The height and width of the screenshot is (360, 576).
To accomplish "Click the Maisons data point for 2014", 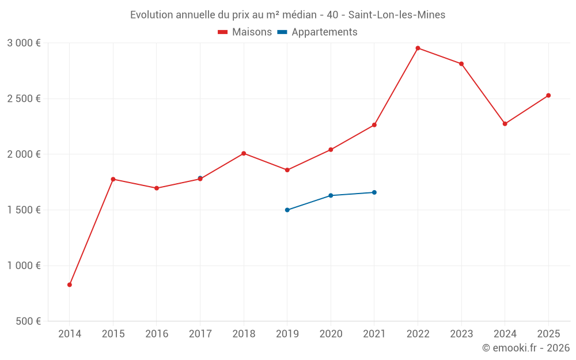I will tap(70, 285).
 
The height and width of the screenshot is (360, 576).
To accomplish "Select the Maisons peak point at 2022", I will tap(418, 48).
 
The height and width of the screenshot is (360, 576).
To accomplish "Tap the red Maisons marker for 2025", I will tap(548, 96).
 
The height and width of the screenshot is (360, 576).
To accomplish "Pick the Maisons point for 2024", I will tap(505, 124).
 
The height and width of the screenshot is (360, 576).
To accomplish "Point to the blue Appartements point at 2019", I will tap(287, 210).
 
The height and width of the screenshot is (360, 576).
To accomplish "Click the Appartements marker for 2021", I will tap(374, 192).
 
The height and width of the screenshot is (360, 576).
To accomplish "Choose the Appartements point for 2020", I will tap(331, 195).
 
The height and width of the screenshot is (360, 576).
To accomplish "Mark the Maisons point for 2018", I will tap(244, 153).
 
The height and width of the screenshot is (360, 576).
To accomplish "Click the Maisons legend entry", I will tap(245, 32).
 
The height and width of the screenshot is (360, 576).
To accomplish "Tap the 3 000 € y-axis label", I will tap(24, 43).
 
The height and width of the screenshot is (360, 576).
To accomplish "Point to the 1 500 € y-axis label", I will tap(24, 210).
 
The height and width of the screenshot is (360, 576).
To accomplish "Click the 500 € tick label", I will tap(28, 321).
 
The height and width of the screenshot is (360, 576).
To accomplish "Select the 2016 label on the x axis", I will tap(157, 334).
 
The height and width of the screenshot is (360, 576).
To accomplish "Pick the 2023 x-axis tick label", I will tap(461, 334).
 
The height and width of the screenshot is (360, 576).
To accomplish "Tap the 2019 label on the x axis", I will tap(287, 334).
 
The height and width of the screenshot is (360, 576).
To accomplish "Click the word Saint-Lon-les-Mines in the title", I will tap(397, 15).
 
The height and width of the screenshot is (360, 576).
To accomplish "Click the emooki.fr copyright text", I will tap(526, 348).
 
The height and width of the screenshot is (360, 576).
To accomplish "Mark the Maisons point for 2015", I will tap(113, 179).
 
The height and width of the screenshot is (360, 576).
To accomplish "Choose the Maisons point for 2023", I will tap(461, 64).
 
